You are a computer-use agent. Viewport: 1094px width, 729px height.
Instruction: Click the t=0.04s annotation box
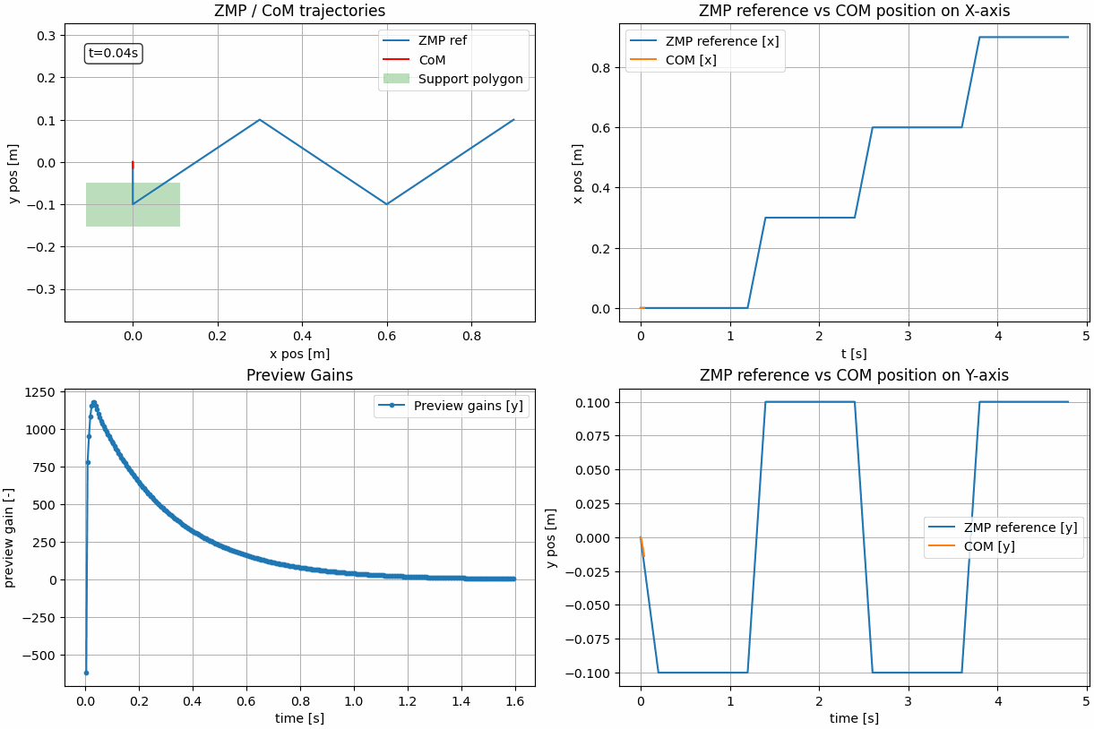[x=114, y=54]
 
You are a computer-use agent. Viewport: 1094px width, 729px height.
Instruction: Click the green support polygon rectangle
[x=133, y=204]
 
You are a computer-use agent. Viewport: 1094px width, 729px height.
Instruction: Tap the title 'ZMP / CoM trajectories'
[x=299, y=12]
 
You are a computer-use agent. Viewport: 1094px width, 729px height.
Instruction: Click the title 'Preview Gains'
[x=299, y=375]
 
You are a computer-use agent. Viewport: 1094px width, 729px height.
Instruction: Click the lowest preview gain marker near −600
[x=86, y=673]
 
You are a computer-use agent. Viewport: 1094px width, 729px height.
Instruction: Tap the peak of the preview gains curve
[x=93, y=403]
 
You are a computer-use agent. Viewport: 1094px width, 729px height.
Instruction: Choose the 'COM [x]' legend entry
[x=691, y=60]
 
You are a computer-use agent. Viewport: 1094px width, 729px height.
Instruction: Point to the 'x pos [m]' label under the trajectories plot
[x=299, y=354]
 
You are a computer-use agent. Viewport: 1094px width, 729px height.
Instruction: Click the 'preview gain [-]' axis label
[x=10, y=537]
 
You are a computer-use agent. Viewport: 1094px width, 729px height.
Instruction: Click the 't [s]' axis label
[x=853, y=354]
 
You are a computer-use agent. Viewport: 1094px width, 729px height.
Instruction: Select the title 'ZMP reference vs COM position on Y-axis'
[x=853, y=375]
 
